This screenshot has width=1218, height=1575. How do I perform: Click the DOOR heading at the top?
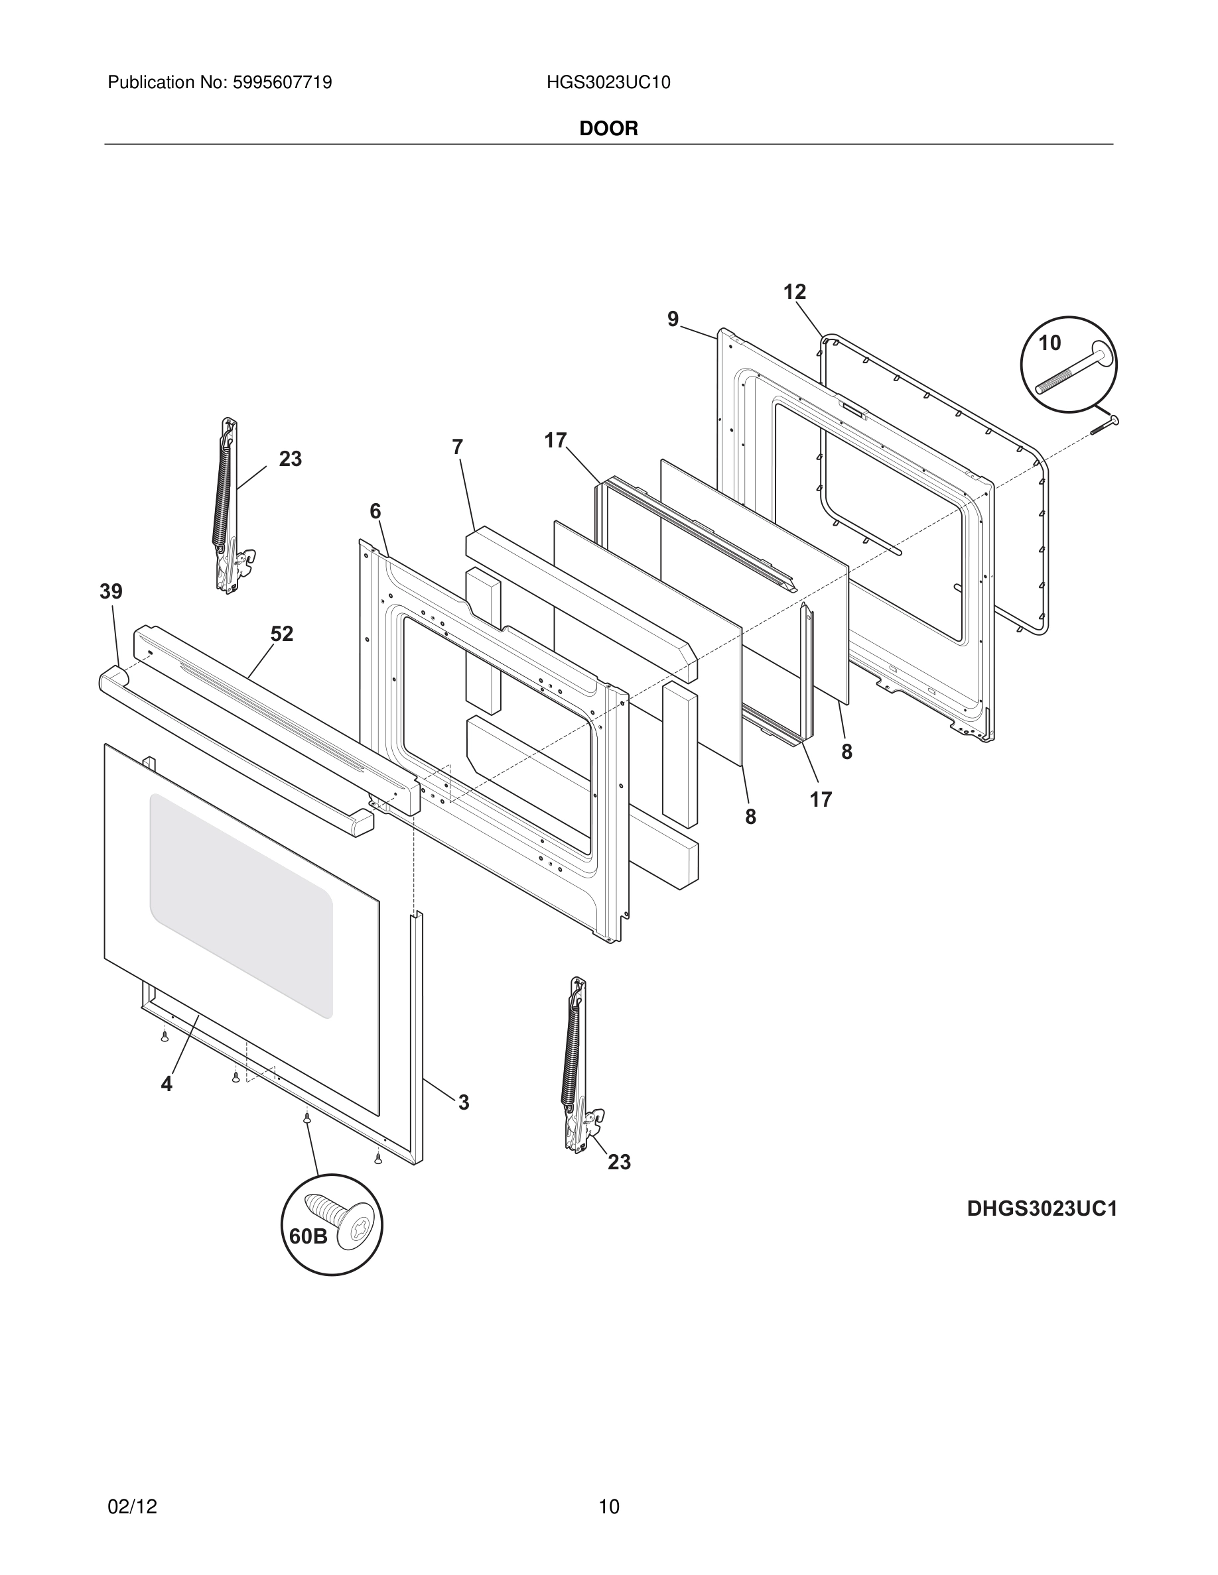(608, 129)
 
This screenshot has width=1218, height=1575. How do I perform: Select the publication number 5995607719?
(281, 83)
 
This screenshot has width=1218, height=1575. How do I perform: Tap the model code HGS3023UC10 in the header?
(608, 83)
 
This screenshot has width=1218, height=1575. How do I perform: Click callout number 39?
(111, 592)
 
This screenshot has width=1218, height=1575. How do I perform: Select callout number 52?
(282, 634)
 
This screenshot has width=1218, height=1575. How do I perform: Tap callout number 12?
(795, 292)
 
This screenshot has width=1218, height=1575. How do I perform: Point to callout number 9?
(673, 319)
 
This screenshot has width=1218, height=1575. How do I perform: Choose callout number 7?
(458, 447)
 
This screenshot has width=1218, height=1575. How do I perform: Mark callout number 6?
(375, 511)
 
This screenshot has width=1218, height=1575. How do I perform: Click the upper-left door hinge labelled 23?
(230, 505)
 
